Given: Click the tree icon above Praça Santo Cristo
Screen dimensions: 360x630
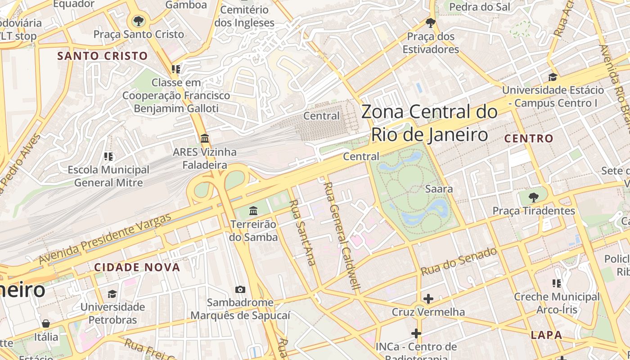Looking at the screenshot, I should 138,21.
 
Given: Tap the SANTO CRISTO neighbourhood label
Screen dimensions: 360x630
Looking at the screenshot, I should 103,56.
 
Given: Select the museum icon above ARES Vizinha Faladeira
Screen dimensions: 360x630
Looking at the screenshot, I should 205,138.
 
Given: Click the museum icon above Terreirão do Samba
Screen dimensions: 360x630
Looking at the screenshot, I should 253,210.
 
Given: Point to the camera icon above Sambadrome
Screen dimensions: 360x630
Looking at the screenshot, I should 240,289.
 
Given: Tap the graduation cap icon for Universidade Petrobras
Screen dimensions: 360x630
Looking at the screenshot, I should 112,294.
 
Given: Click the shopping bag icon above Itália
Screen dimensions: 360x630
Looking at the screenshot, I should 46,324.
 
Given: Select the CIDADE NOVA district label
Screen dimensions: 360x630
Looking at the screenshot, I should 137,267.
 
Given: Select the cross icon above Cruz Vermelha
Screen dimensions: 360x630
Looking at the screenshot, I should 428,298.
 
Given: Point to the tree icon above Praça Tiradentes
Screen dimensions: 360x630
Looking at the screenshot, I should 533,197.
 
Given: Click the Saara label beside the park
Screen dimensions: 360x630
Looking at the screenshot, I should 439,189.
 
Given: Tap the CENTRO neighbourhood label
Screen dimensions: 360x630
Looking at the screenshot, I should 529,139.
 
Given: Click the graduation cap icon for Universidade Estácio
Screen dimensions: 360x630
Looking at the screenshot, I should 553,77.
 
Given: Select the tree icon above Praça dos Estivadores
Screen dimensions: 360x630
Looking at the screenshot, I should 431,22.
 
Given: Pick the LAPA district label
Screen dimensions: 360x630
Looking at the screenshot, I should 546,335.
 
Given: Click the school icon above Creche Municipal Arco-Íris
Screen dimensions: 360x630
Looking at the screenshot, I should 557,283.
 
